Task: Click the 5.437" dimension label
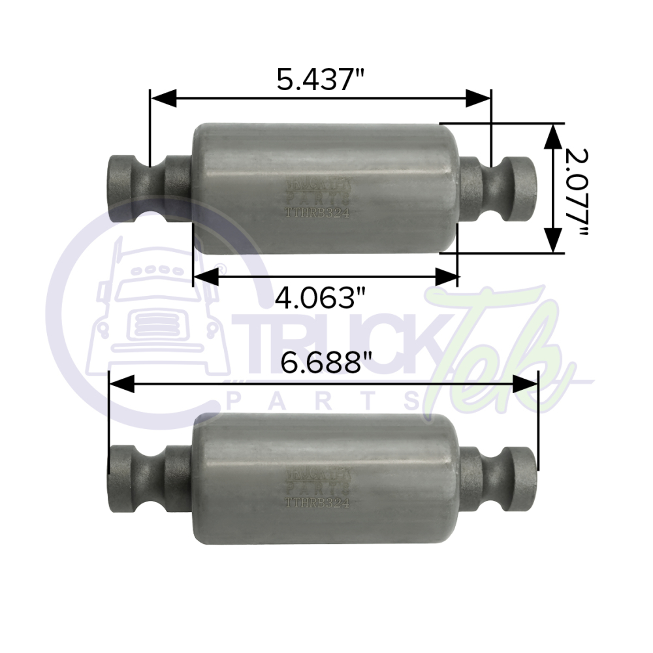point(320,78)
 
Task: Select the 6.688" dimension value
point(322,362)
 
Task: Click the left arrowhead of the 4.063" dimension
point(206,278)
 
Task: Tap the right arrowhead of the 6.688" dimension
point(525,384)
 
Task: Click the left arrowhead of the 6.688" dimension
point(121,384)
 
